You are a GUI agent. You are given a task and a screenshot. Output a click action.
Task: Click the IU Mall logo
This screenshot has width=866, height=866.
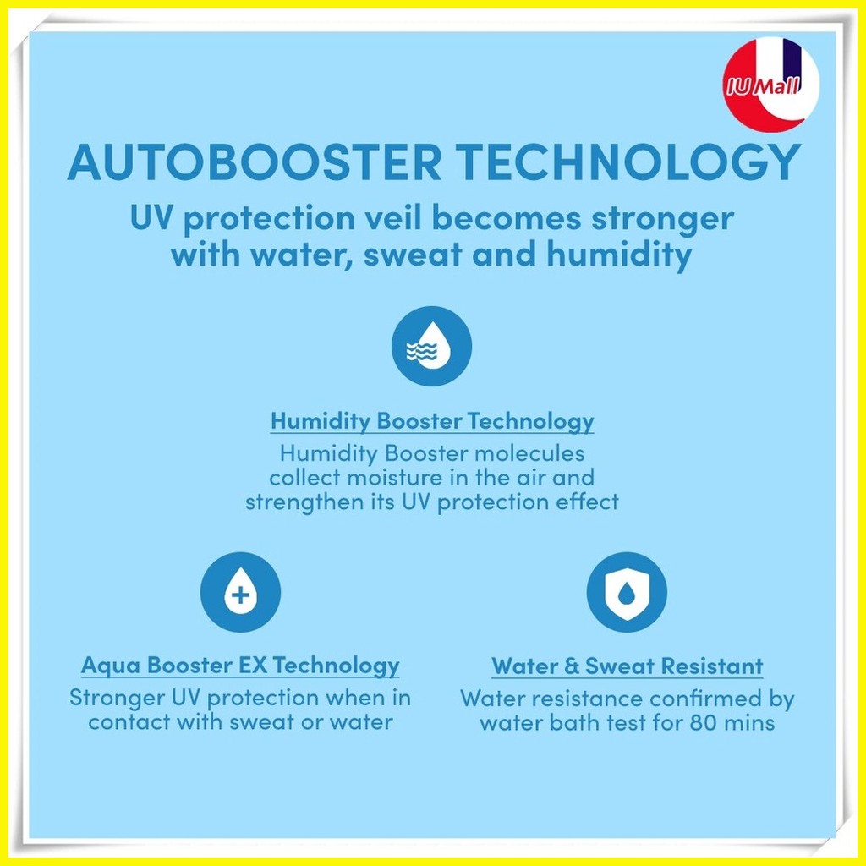770,85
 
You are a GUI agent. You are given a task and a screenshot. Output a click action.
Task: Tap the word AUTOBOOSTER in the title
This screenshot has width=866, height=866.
255,162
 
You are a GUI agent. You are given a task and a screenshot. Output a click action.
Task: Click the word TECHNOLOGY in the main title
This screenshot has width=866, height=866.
629,162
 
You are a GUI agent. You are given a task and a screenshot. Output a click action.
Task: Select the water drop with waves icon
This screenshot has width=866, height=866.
431,346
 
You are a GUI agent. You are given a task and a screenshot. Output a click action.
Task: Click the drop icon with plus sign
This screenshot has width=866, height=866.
240,592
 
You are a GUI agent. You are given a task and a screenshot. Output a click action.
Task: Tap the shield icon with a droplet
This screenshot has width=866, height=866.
627,592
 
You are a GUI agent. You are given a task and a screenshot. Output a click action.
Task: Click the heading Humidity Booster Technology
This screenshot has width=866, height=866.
432,421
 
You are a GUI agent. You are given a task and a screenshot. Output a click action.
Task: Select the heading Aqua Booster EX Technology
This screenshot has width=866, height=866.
240,666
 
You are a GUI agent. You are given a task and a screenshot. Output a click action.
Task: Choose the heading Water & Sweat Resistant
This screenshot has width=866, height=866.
628,666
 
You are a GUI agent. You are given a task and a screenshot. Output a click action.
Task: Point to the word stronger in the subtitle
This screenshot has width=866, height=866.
663,219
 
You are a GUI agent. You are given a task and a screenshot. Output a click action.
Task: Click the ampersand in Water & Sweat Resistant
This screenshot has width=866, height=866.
572,666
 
